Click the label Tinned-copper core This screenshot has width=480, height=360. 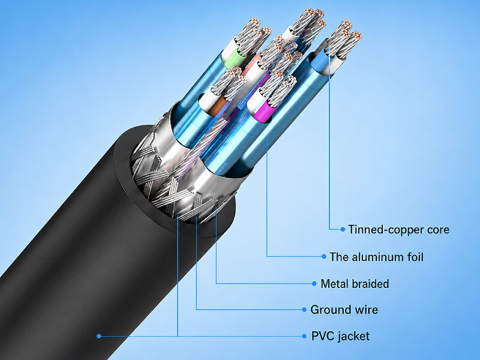click(x=398, y=230)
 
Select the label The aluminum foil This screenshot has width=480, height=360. click(x=377, y=257)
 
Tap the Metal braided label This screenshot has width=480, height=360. click(x=355, y=284)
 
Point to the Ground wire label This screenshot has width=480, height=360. click(x=344, y=310)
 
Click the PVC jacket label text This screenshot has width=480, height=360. click(x=340, y=336)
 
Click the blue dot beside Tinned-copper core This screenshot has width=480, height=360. click(x=343, y=229)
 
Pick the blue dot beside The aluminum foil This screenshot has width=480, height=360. click(x=324, y=257)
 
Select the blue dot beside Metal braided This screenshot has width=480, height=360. click(x=314, y=283)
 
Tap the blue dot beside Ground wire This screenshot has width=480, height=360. click(x=304, y=310)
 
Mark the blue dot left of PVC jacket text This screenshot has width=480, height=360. click(x=304, y=336)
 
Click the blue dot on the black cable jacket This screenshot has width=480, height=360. click(x=98, y=336)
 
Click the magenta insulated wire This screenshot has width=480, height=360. click(x=263, y=112)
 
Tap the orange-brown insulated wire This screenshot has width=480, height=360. click(x=217, y=106)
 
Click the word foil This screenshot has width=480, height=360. click(x=415, y=257)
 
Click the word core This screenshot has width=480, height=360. click(x=439, y=230)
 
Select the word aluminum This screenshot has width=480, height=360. click(x=378, y=257)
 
